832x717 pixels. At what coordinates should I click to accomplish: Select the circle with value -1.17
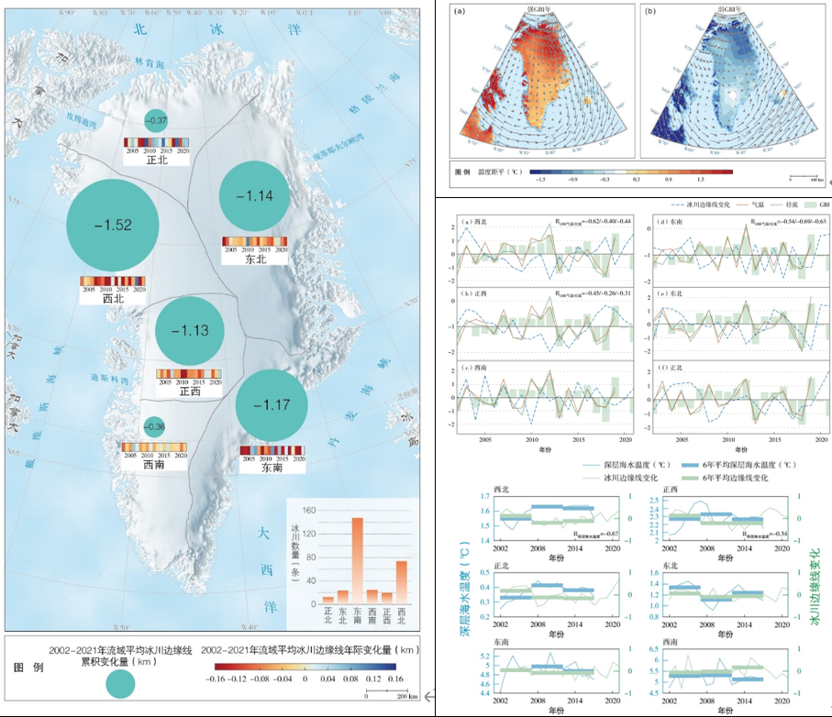click(x=272, y=405)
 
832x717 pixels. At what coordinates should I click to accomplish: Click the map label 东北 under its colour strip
click(x=255, y=259)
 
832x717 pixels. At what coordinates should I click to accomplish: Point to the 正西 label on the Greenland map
click(x=190, y=392)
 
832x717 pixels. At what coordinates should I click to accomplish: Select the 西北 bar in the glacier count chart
click(x=401, y=580)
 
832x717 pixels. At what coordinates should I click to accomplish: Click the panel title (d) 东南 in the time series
click(x=669, y=222)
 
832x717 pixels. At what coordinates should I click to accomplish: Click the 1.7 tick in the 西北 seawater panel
click(x=483, y=497)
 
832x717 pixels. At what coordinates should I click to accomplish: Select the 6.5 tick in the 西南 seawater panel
click(x=653, y=648)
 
